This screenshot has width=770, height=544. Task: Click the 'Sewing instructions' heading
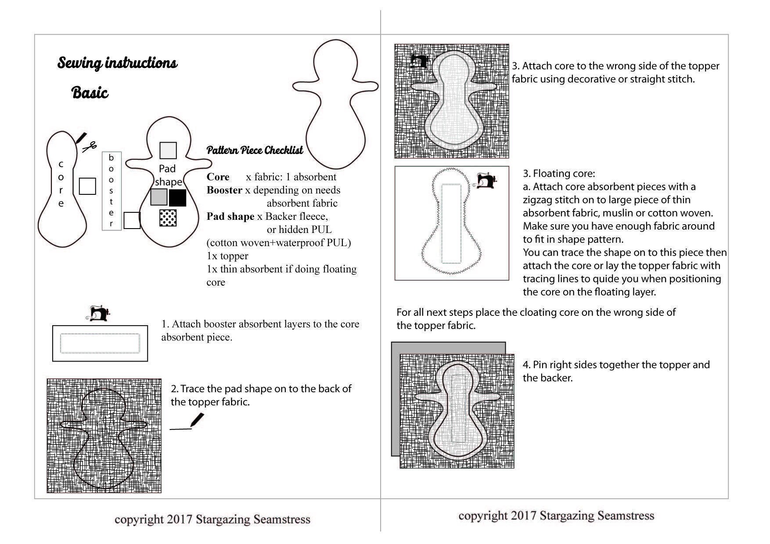117,63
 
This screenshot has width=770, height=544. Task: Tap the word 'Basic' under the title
90,93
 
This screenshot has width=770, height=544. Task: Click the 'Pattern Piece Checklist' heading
255,150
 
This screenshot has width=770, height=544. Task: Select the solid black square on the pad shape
177,197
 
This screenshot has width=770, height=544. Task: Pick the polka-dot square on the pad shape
168,218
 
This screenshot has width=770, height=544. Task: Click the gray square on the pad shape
159,197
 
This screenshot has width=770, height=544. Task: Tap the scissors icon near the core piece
90,147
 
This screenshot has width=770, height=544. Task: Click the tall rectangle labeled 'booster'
112,191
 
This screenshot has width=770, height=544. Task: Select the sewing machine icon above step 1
99,313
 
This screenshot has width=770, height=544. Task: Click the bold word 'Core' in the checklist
218,177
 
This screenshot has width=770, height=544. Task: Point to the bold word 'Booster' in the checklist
224,190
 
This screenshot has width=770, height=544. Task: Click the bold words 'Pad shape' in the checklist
230,216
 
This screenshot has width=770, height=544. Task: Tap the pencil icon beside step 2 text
197,420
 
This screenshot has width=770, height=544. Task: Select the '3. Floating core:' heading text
559,173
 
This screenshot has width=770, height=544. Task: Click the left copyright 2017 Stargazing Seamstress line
212,519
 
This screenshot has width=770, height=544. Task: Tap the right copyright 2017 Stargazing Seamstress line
556,515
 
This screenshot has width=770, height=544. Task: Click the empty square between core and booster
87,186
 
